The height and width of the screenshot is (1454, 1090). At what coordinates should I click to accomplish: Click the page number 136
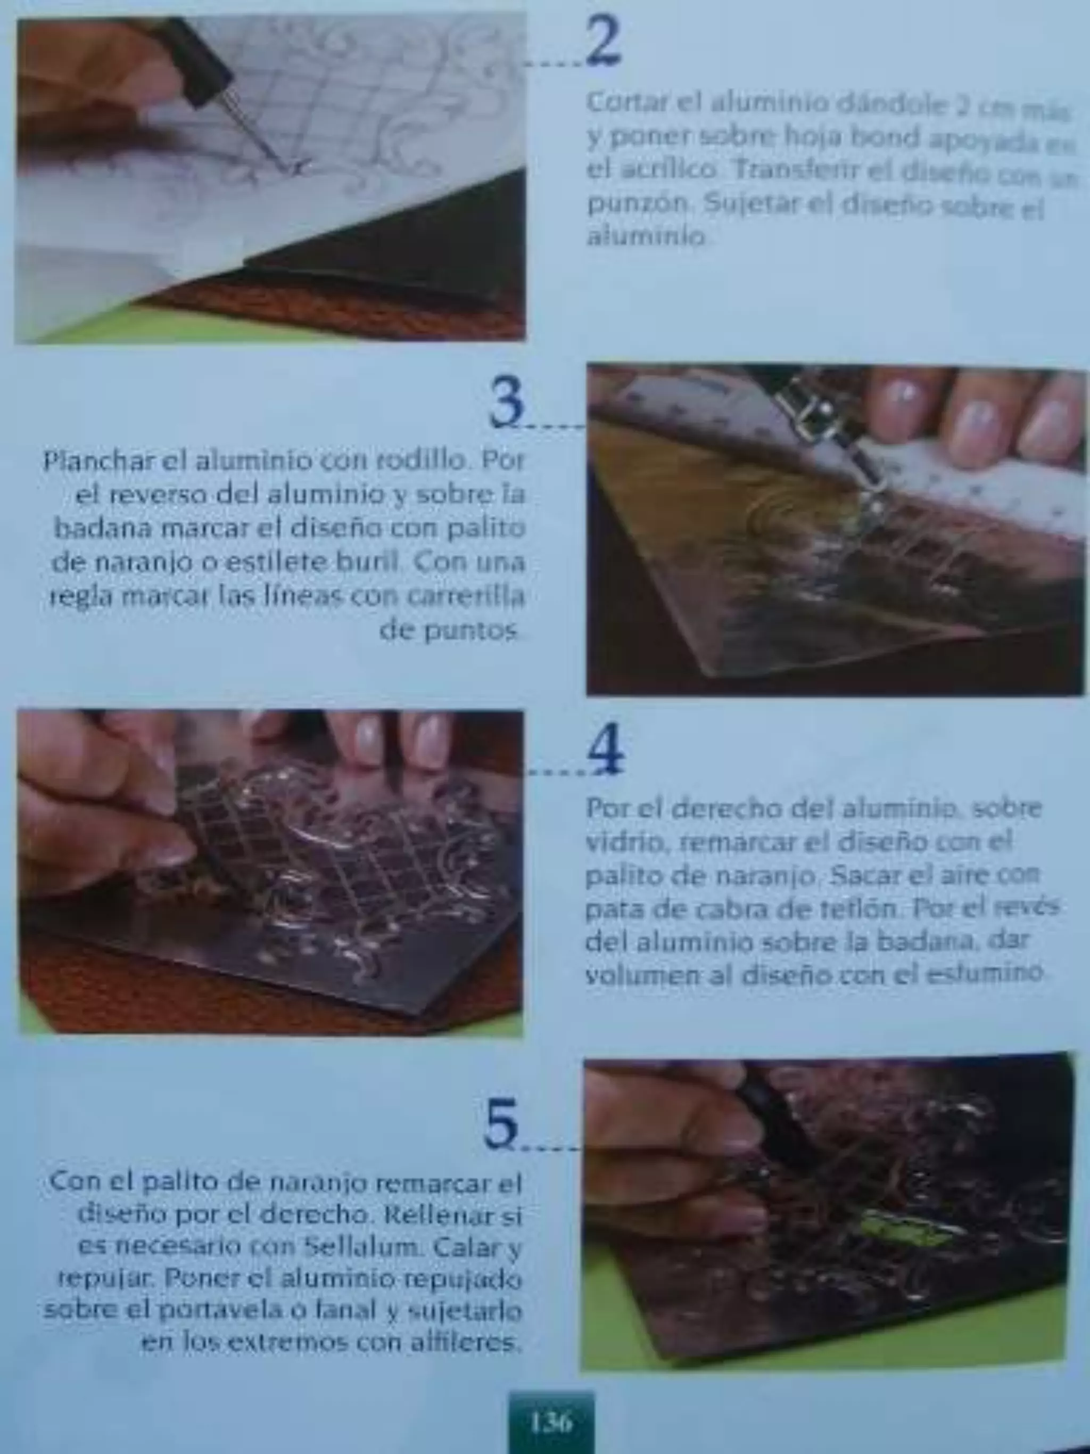551,1423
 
